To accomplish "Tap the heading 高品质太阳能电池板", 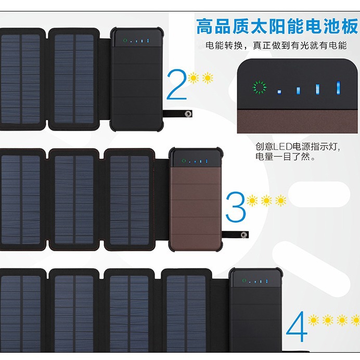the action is [277, 25].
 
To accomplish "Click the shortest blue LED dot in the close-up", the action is [279, 92].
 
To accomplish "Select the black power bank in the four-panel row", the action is [255, 312].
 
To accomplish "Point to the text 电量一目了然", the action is [285, 157].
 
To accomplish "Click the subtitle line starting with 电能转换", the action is [276, 46].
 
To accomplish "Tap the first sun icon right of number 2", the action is [194, 79].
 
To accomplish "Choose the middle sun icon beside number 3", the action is [266, 200].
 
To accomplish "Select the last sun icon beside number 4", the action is [356, 320].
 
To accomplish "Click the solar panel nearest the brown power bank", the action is [130, 198].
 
